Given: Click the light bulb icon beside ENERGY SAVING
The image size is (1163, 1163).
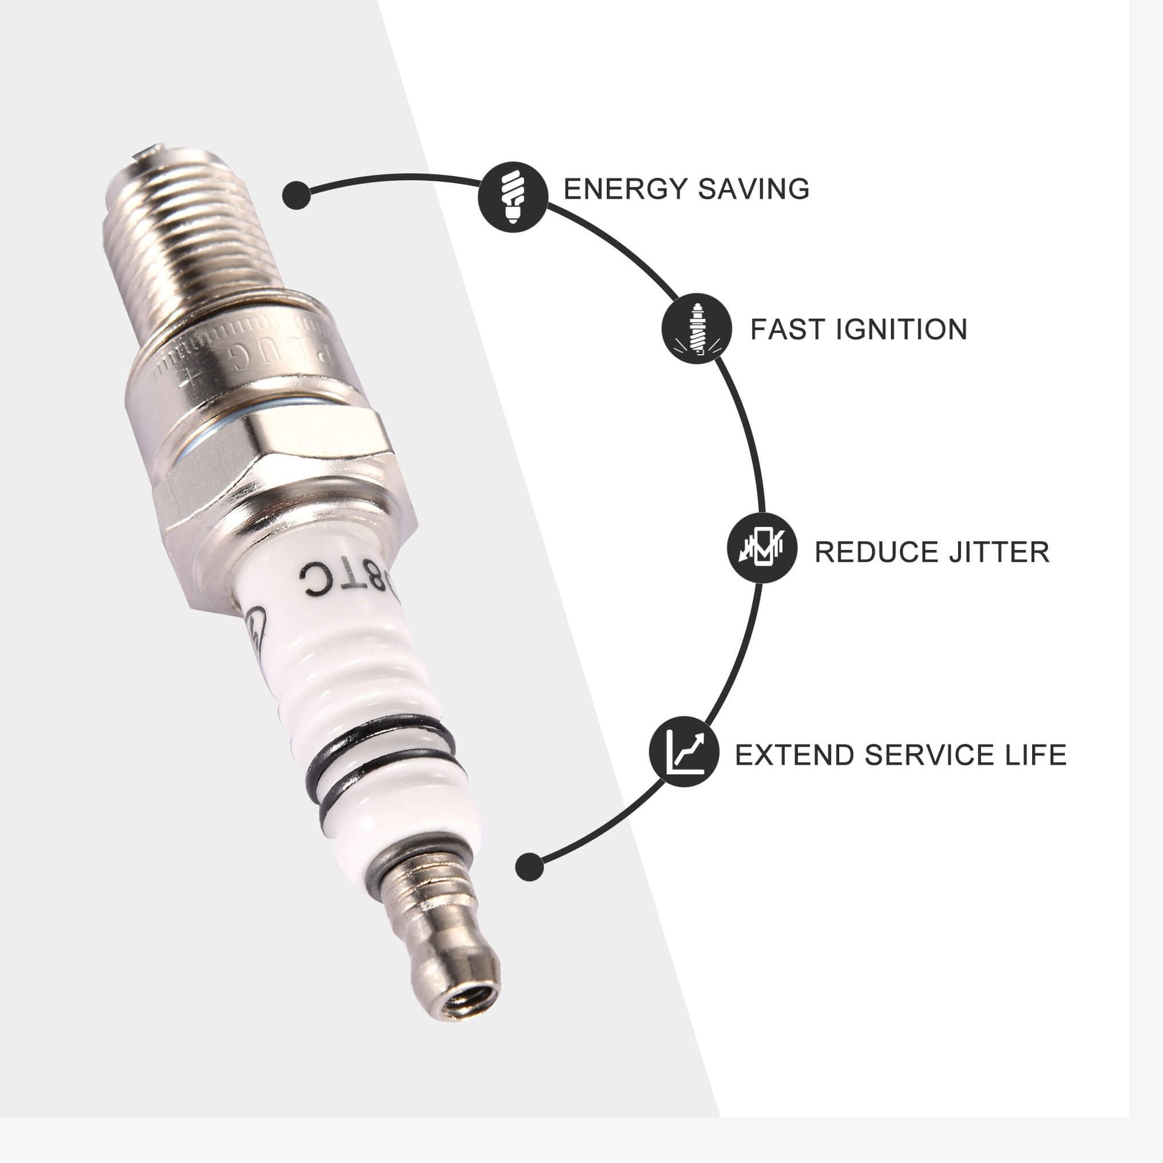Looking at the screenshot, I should [x=512, y=196].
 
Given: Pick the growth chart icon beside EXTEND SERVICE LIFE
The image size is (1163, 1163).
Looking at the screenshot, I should [x=684, y=752].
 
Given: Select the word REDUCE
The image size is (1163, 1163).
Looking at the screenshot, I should [x=877, y=552].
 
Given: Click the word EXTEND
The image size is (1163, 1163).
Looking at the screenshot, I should [x=794, y=755].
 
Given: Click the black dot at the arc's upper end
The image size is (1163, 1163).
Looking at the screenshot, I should [x=296, y=195].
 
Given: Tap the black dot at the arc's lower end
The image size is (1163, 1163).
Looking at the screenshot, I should [x=530, y=867].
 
